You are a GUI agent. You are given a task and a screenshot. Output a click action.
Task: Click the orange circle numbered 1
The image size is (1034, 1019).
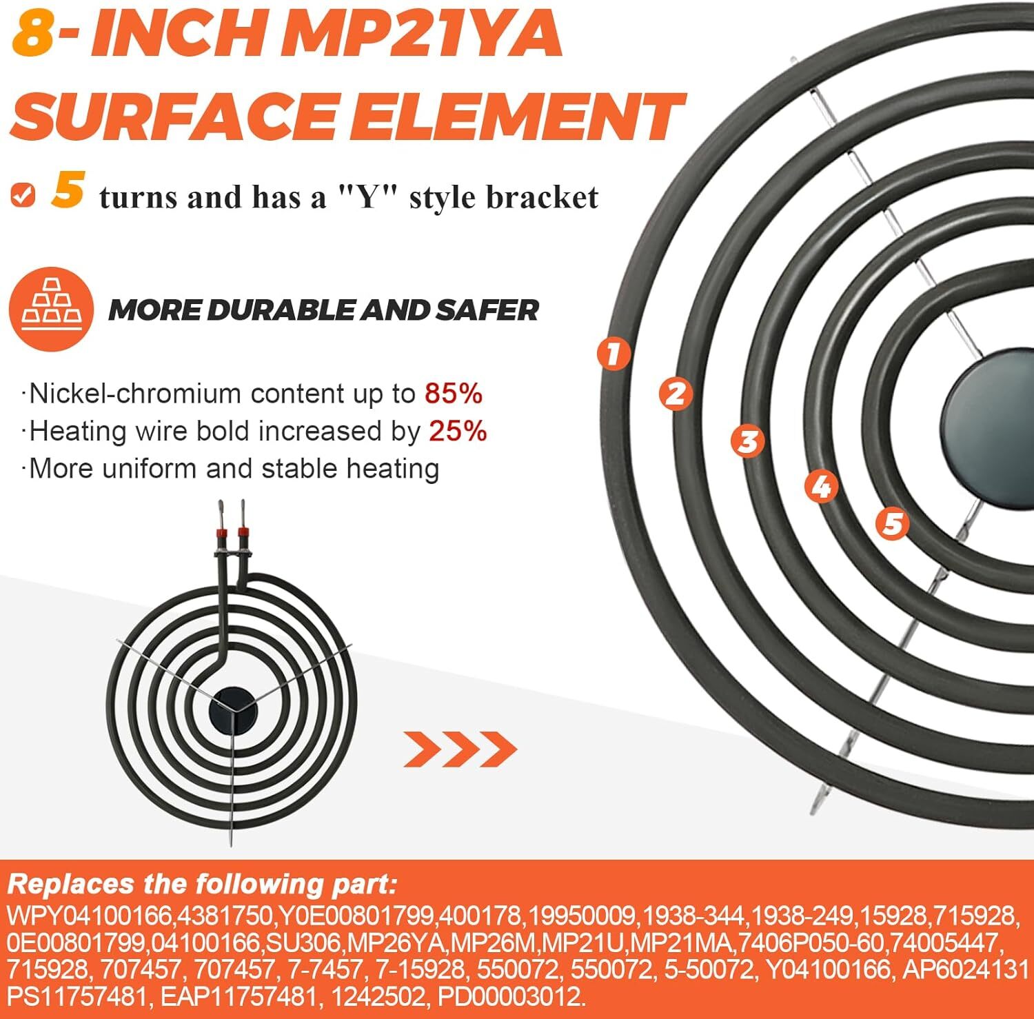[614, 354]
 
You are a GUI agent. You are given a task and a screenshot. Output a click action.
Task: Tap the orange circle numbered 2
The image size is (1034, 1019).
[676, 394]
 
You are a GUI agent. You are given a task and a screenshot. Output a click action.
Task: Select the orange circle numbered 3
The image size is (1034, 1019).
[748, 441]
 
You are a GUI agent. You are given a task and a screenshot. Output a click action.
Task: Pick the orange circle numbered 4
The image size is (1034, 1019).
[821, 486]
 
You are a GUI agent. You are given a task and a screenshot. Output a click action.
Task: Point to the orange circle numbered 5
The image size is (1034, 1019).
[893, 523]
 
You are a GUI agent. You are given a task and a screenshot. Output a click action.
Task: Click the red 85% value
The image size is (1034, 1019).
[453, 394]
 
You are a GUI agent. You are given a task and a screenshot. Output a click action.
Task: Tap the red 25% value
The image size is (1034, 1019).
[458, 432]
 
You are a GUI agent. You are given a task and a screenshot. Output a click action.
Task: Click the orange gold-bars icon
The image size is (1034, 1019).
[51, 310]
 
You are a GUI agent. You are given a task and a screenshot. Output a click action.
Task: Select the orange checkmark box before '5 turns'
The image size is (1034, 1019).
[23, 195]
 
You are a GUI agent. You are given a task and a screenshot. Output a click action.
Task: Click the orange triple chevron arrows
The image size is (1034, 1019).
[460, 749]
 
